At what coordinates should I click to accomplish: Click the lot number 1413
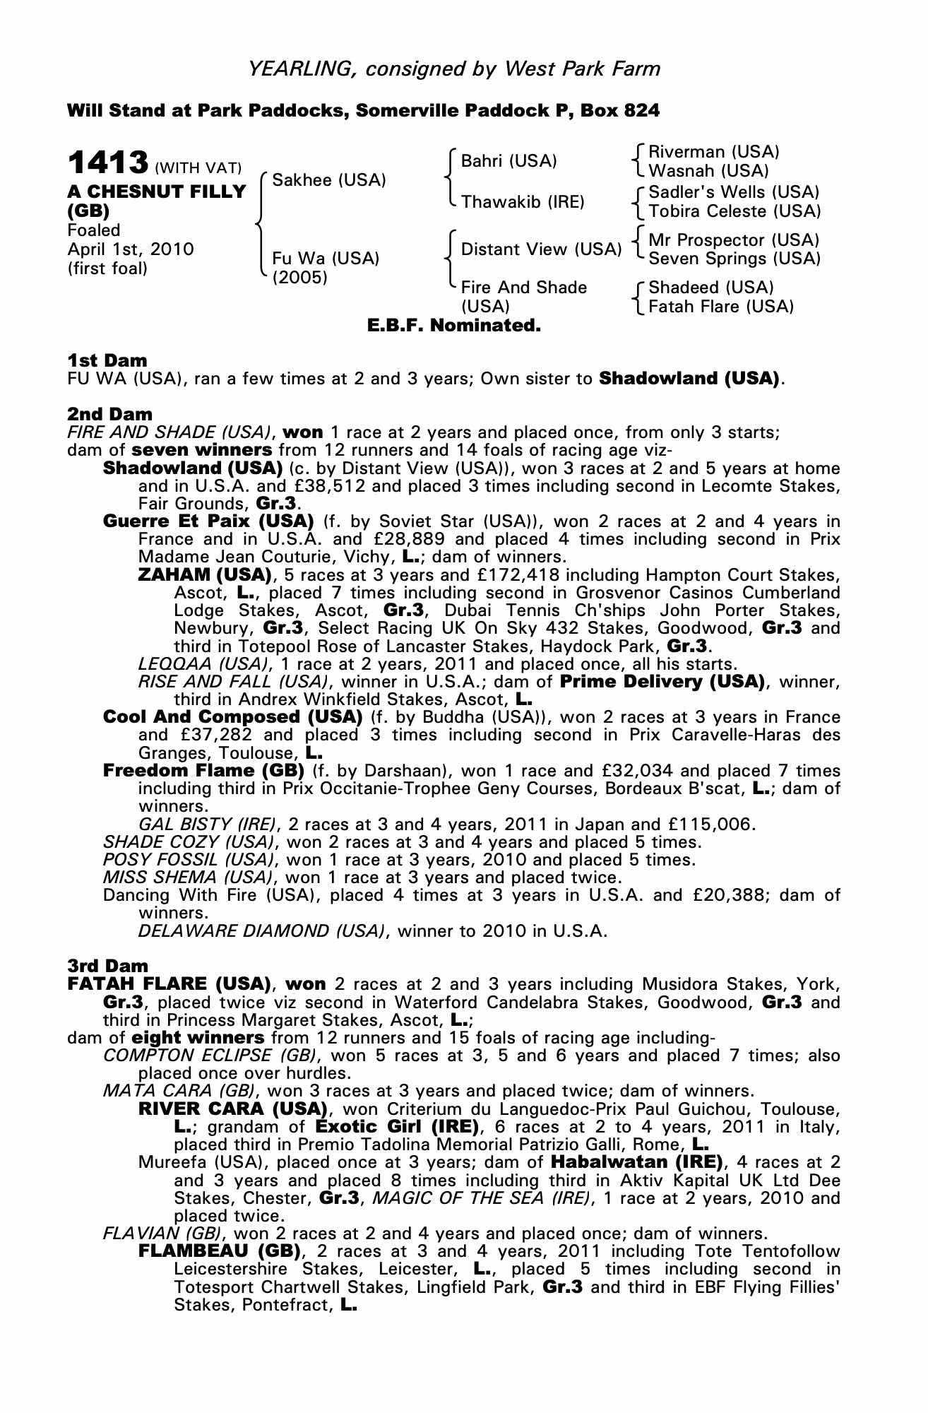(108, 163)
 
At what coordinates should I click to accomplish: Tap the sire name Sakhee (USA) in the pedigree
(329, 180)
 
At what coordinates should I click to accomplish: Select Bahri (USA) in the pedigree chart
(508, 161)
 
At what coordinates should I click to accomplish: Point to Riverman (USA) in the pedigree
(713, 152)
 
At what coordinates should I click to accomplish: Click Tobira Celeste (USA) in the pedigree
(734, 211)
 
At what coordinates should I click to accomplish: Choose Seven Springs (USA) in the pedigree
(734, 259)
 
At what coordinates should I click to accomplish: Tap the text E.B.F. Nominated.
(454, 326)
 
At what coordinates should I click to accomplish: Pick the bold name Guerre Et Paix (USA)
(208, 521)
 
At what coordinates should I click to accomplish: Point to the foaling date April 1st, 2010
(131, 249)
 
